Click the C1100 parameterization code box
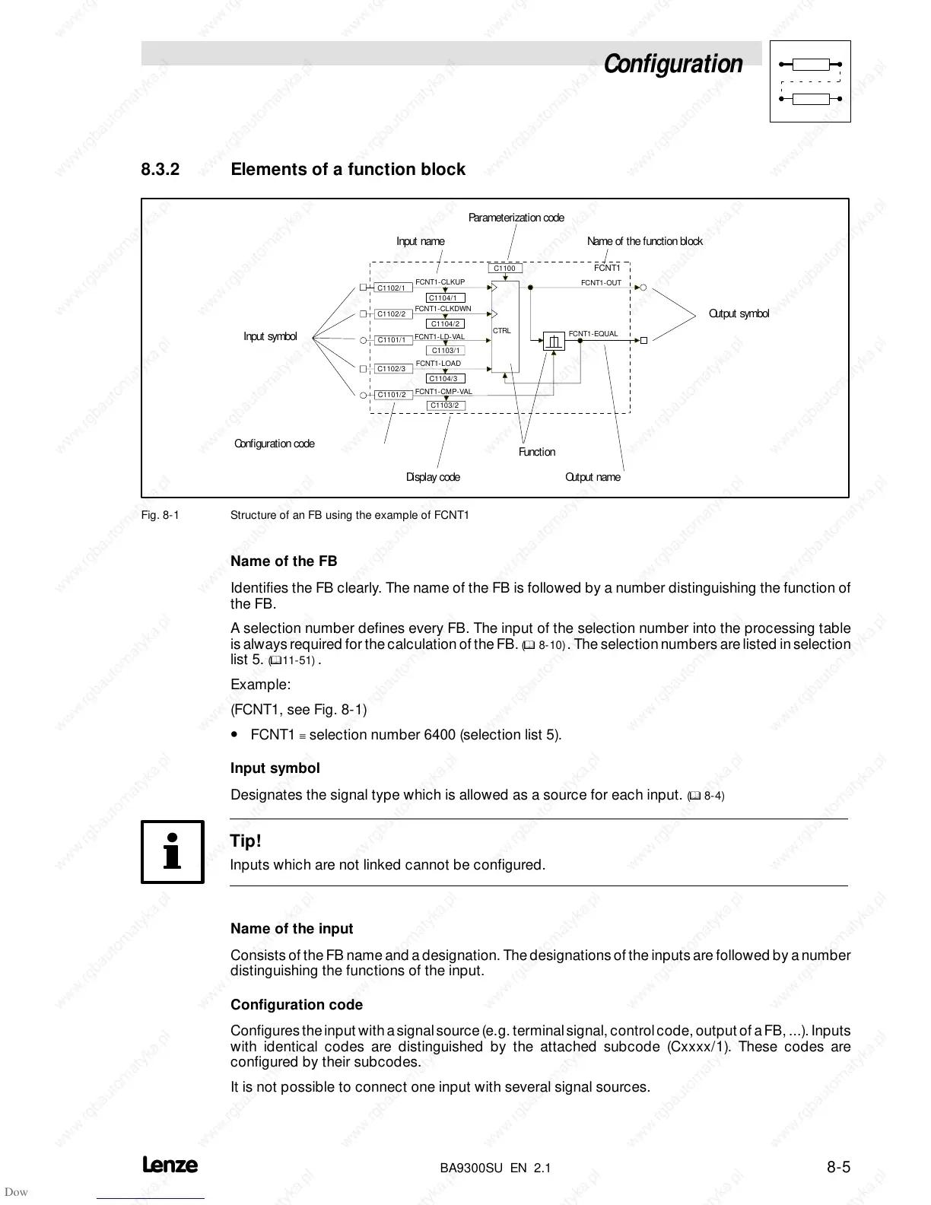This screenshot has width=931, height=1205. [505, 269]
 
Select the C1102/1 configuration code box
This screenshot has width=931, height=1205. [393, 288]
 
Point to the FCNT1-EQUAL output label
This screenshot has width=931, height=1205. [593, 334]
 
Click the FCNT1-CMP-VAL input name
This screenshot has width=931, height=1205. [443, 392]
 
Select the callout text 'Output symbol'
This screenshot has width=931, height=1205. [739, 313]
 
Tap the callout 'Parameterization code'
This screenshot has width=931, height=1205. [516, 218]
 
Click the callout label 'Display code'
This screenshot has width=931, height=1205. [433, 477]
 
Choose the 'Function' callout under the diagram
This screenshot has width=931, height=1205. [537, 452]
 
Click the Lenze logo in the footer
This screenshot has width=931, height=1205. [170, 1165]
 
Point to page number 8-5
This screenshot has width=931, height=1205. [838, 1166]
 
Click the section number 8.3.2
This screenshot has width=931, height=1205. [160, 169]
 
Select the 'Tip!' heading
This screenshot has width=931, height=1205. [246, 841]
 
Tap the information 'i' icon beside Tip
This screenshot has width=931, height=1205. [173, 852]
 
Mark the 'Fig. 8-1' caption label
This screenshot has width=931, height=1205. [160, 515]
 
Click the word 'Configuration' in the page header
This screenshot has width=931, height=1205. [673, 64]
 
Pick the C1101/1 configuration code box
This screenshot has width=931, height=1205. [393, 340]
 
